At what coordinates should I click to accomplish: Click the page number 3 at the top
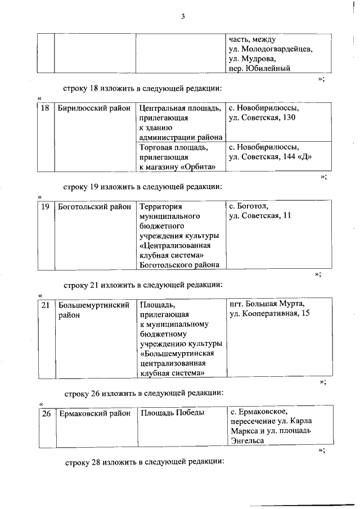click(183, 16)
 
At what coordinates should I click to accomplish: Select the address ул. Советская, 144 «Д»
click(270, 156)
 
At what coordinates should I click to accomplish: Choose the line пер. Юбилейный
click(259, 69)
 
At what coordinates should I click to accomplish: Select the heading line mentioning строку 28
click(144, 462)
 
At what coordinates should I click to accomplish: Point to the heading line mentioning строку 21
click(144, 285)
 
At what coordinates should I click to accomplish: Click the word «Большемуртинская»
click(178, 353)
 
